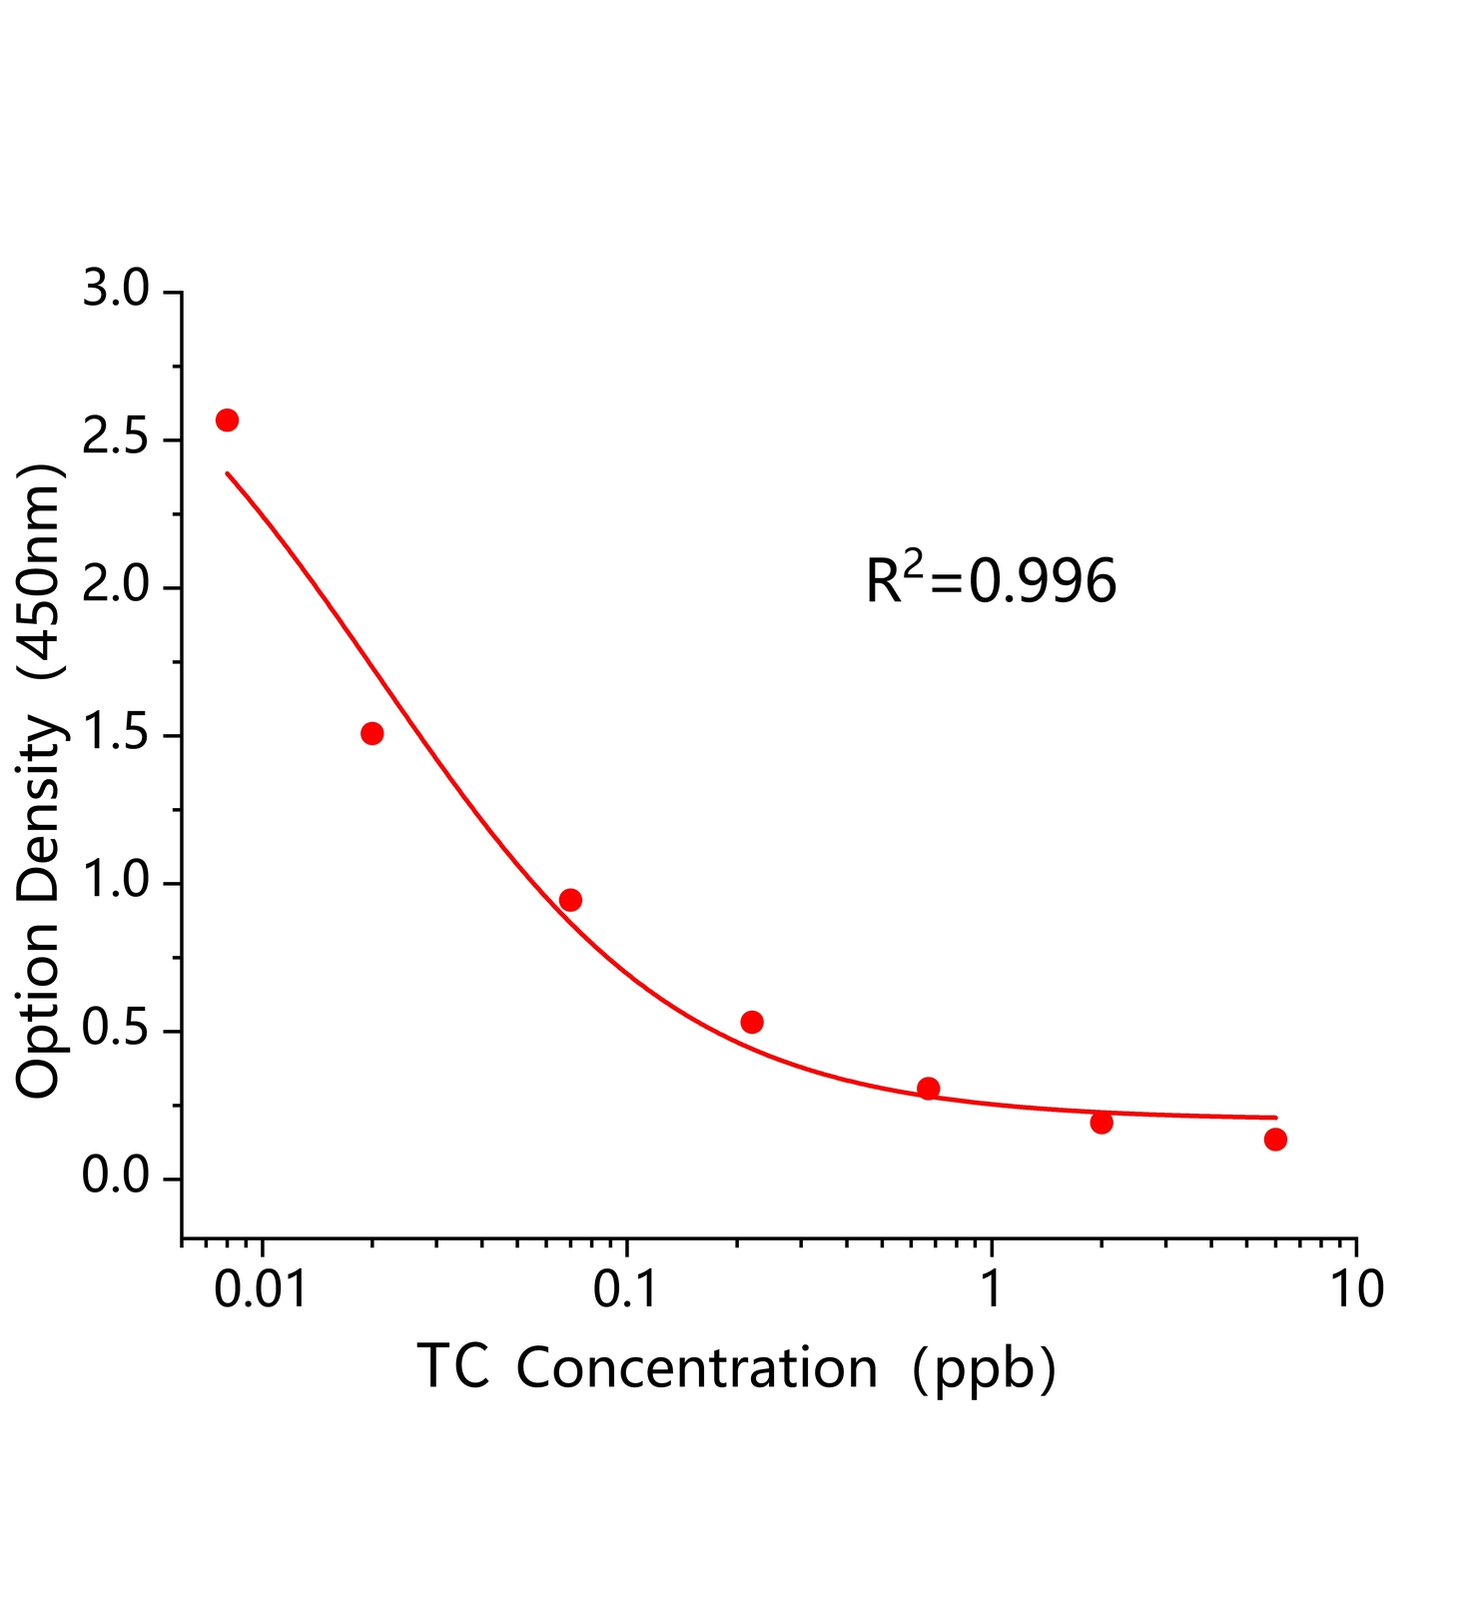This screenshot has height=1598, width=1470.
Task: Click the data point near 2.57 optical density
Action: coord(227,419)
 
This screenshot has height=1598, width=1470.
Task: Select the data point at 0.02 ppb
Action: coord(371,733)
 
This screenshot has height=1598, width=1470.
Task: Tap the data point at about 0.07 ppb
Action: coord(570,900)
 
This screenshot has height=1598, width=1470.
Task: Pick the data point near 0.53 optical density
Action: coord(752,1022)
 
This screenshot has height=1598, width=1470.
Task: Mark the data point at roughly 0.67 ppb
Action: coord(929,1088)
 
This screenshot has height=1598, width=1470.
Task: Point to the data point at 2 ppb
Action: coord(1102,1123)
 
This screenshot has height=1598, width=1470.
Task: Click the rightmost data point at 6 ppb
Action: coord(1275,1140)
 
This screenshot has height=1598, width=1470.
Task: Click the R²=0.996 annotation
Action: coord(991,581)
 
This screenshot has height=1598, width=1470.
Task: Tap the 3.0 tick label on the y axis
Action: coord(115,291)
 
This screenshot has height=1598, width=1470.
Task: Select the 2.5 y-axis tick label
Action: coord(115,439)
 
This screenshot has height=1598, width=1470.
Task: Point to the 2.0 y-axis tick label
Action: coord(115,587)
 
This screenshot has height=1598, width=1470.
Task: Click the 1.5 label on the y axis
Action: coord(115,735)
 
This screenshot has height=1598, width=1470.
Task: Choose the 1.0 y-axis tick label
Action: coord(115,883)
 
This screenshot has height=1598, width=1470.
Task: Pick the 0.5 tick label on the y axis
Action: coord(115,1031)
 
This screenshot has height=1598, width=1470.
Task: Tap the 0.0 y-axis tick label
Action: coord(115,1179)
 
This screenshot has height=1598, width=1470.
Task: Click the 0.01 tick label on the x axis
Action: coord(263,1289)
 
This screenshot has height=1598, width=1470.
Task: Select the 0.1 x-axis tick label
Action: coord(626,1289)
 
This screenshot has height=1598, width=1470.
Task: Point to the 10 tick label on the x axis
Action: coord(1356,1289)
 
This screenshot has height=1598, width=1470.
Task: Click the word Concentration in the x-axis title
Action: coord(697,1368)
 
